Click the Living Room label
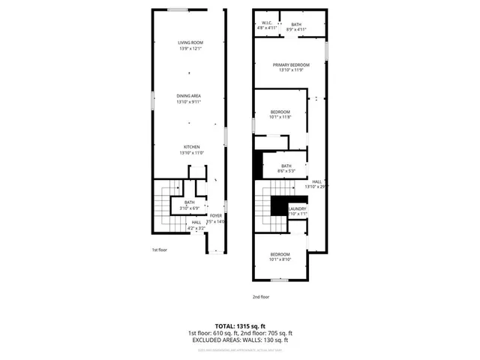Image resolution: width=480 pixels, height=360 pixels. [x=191, y=43]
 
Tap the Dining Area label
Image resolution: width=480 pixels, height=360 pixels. [x=189, y=95]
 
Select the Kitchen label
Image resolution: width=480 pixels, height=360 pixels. [x=192, y=146]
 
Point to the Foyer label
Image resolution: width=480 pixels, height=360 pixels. [x=216, y=215]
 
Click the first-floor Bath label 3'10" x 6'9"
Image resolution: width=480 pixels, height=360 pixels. [x=189, y=202]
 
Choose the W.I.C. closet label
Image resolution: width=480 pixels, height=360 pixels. [x=266, y=24]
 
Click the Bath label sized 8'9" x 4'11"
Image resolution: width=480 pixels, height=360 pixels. [x=297, y=25]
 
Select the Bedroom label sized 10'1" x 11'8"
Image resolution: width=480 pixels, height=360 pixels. [x=280, y=112]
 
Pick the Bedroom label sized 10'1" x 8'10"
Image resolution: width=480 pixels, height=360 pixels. [x=280, y=255]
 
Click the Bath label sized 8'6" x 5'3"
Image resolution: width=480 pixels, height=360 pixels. [x=286, y=166]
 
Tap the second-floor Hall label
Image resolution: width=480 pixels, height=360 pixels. [x=317, y=181]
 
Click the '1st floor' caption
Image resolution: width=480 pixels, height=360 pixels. [x=160, y=250]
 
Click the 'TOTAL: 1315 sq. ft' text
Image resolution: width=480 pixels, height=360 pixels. [x=239, y=325]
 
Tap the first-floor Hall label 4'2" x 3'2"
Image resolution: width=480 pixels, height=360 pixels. [x=196, y=223]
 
